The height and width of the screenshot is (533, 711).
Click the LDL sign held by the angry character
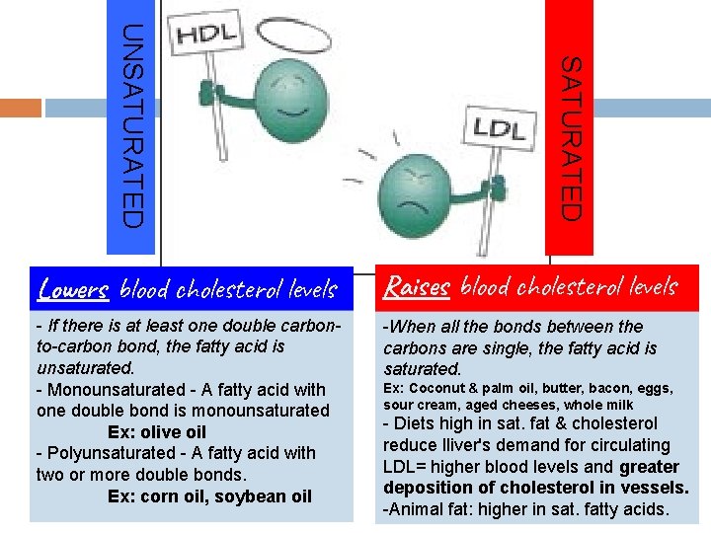[x=499, y=125]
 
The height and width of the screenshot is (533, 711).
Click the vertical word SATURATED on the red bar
[x=570, y=138]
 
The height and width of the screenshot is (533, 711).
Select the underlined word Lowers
[x=72, y=289]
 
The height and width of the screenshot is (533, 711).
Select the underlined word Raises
[x=416, y=287]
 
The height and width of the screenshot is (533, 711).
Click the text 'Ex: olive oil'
[x=157, y=431]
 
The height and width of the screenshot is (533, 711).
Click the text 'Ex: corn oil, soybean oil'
[x=209, y=495]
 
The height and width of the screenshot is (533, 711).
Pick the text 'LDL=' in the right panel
[x=404, y=467]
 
